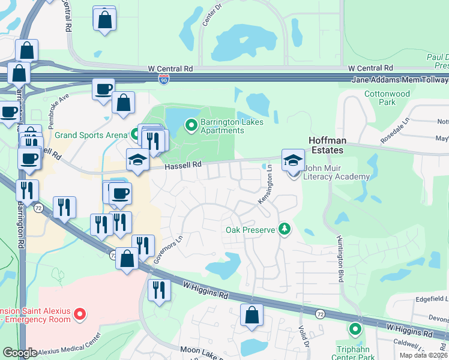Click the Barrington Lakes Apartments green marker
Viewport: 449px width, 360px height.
pos(191,125)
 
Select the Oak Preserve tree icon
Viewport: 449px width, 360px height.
pos(285,229)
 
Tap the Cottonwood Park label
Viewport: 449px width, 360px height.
pos(387,98)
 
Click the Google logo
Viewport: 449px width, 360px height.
pos(20,353)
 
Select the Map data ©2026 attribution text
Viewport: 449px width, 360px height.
pos(423,355)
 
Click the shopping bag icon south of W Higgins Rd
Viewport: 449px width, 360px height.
pos(252,314)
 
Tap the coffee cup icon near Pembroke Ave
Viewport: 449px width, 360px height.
pos(103,89)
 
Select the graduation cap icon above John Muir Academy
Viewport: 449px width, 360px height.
pos(293,160)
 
